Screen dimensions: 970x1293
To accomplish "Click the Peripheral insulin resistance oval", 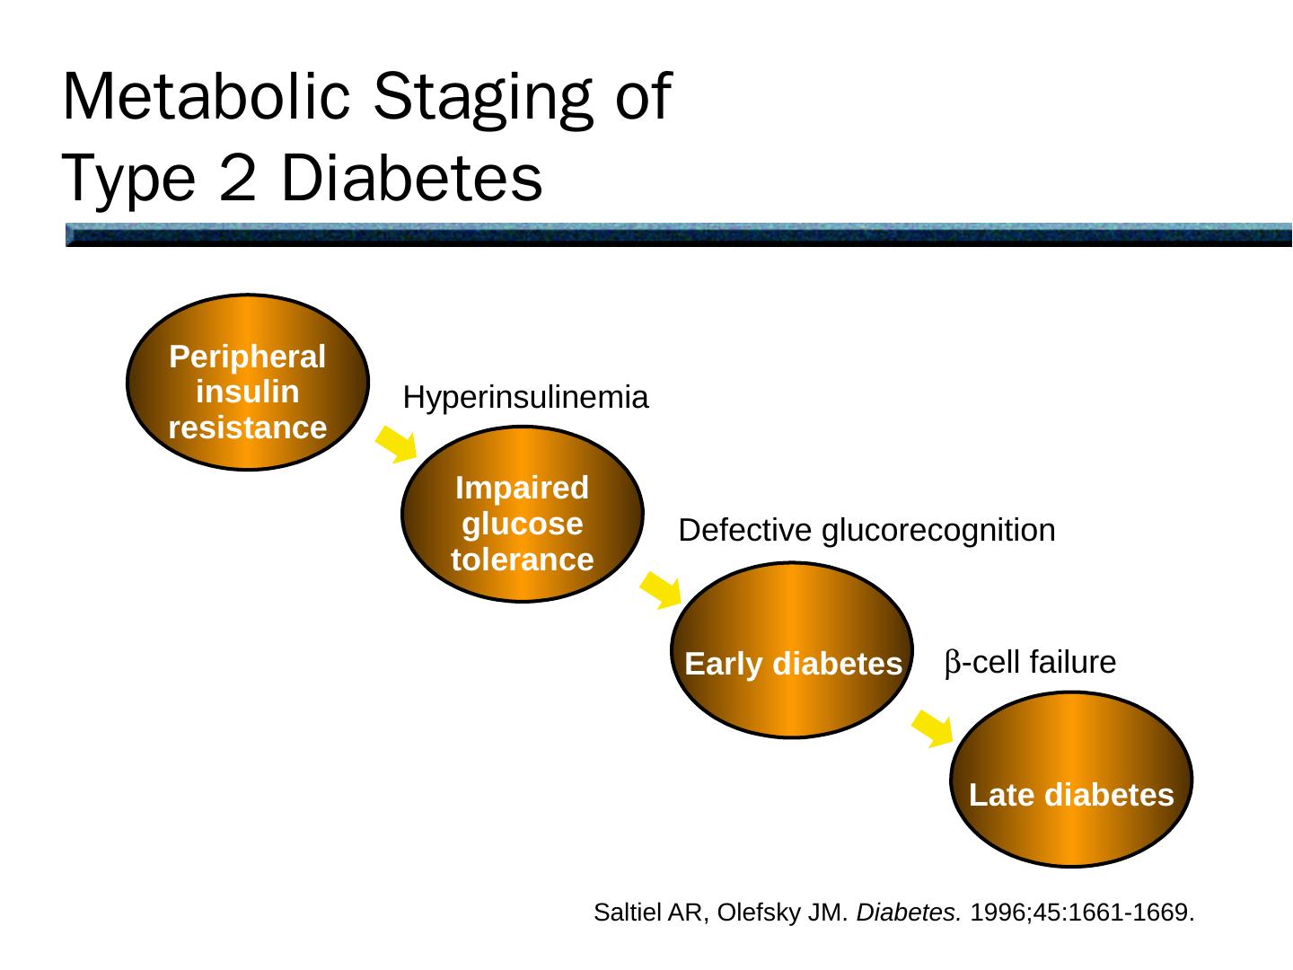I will (248, 383).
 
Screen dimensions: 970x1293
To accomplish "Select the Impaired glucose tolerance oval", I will (522, 514).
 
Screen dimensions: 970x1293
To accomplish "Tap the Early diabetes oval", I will (792, 650).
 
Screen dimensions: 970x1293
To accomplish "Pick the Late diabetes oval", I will (1071, 780).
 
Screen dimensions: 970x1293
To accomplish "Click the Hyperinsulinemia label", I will (525, 397).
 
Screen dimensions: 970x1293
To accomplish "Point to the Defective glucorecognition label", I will (866, 531).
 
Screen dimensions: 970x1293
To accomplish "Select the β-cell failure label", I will (1030, 663).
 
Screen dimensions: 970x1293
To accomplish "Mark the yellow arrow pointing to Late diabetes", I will (934, 727).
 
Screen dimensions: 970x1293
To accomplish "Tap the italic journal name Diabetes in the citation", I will (909, 913).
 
